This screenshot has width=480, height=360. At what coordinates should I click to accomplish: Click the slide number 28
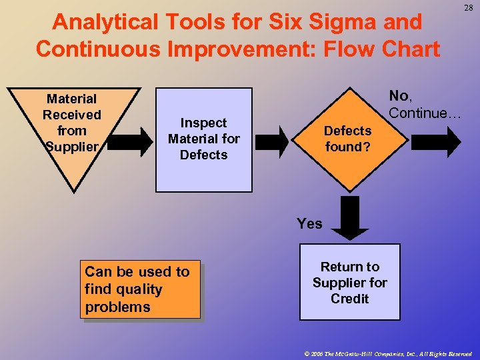pyautogui.click(x=468, y=7)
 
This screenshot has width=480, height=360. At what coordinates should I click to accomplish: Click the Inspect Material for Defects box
pyautogui.click(x=204, y=139)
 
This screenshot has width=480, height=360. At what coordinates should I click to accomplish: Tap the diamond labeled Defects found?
pyautogui.click(x=347, y=139)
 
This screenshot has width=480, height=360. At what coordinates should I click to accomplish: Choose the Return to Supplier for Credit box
pyautogui.click(x=349, y=282)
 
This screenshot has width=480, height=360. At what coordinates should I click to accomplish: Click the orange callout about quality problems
pyautogui.click(x=140, y=289)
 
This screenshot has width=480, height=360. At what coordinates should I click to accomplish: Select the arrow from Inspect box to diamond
pyautogui.click(x=274, y=139)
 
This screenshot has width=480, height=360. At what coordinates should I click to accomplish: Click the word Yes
pyautogui.click(x=309, y=224)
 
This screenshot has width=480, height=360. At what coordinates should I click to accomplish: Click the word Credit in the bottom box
pyautogui.click(x=349, y=299)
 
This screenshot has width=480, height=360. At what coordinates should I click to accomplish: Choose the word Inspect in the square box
pyautogui.click(x=204, y=123)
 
